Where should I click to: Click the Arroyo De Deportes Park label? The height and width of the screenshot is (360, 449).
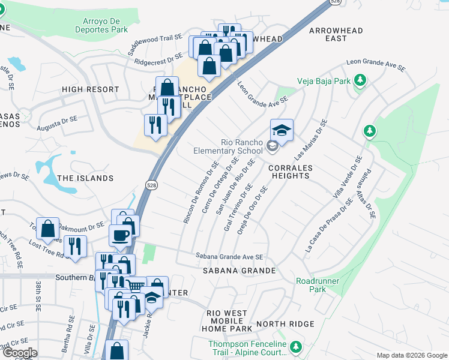pos(101,25)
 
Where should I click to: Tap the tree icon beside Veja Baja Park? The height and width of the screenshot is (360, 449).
pos(360,80)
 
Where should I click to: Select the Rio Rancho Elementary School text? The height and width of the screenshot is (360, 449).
pos(224,146)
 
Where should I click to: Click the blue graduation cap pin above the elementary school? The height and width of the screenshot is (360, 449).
pos(282,129)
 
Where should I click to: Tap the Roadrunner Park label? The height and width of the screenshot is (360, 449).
pos(318,285)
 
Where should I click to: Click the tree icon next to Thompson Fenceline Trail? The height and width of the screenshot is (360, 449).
pos(295,347)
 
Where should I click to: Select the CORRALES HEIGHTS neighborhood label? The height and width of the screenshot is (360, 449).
pos(289,172)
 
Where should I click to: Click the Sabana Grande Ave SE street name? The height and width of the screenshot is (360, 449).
pos(229,257)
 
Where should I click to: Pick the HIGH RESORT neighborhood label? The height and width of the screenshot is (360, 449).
pos(90,89)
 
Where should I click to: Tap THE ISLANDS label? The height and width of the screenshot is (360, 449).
pos(85,178)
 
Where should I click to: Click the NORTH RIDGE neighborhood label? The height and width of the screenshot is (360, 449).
pos(285,324)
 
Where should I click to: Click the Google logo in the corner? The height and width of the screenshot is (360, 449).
pos(19,352)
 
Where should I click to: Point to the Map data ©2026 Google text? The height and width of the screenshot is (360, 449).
pos(411,355)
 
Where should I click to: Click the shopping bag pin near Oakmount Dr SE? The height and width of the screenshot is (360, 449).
pos(47,229)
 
